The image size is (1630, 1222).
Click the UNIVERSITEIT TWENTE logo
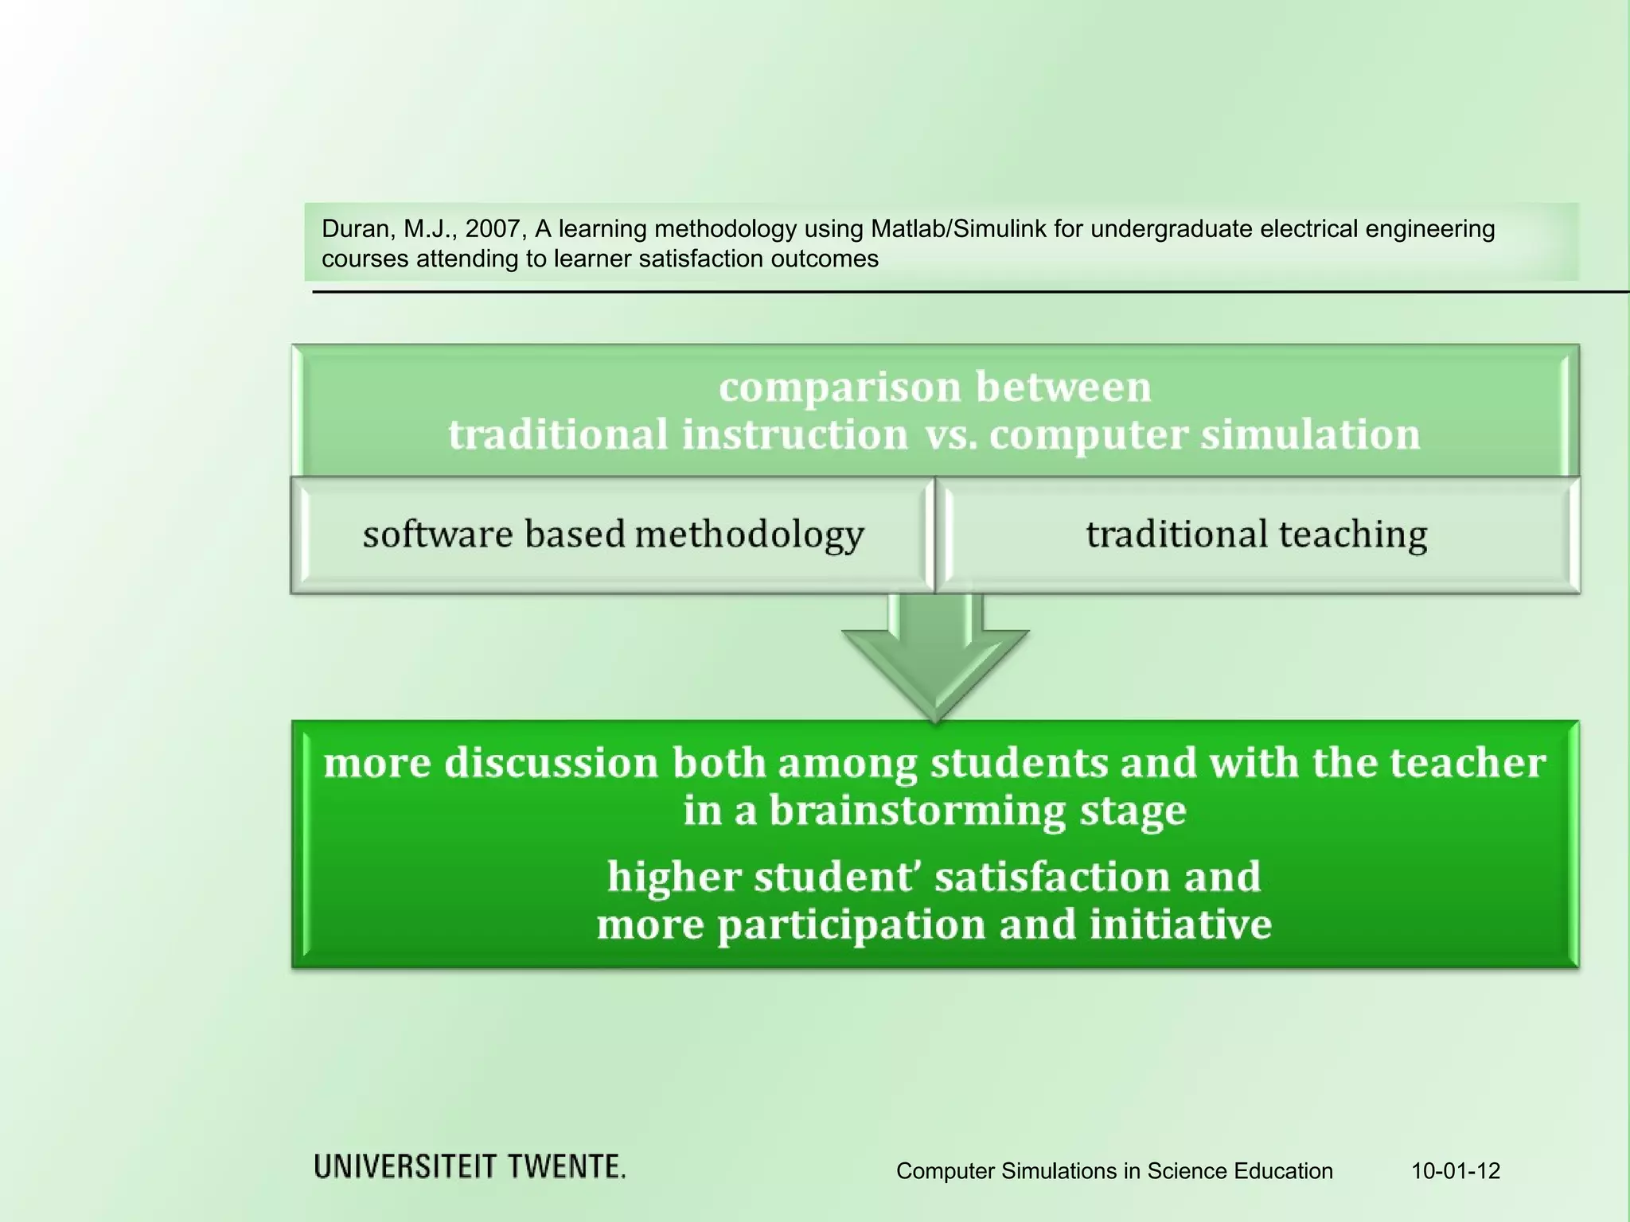coord(470,1167)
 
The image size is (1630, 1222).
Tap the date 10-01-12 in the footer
coord(1456,1171)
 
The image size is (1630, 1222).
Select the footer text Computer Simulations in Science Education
coord(1114,1171)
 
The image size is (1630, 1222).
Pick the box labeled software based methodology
coord(613,535)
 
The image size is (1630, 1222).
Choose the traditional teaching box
coord(1257,535)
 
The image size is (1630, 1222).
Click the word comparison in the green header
coord(840,387)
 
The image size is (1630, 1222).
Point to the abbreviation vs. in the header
coord(950,435)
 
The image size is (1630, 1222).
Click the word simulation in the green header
coord(1310,435)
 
